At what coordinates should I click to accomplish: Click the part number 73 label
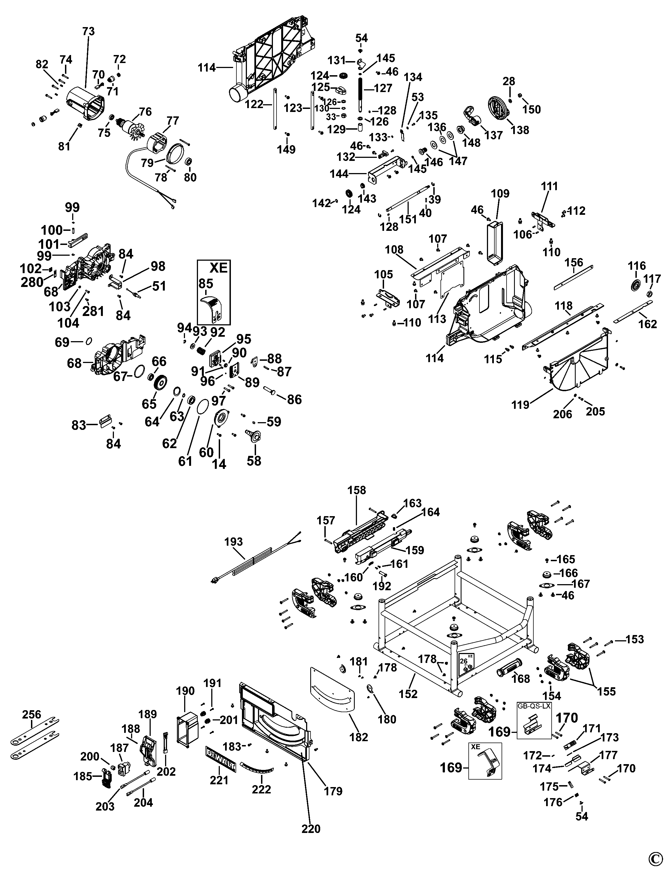(x=89, y=31)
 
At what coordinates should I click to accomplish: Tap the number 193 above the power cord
(x=234, y=542)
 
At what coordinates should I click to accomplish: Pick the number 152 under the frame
(x=408, y=694)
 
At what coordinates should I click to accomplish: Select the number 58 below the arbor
(x=254, y=461)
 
